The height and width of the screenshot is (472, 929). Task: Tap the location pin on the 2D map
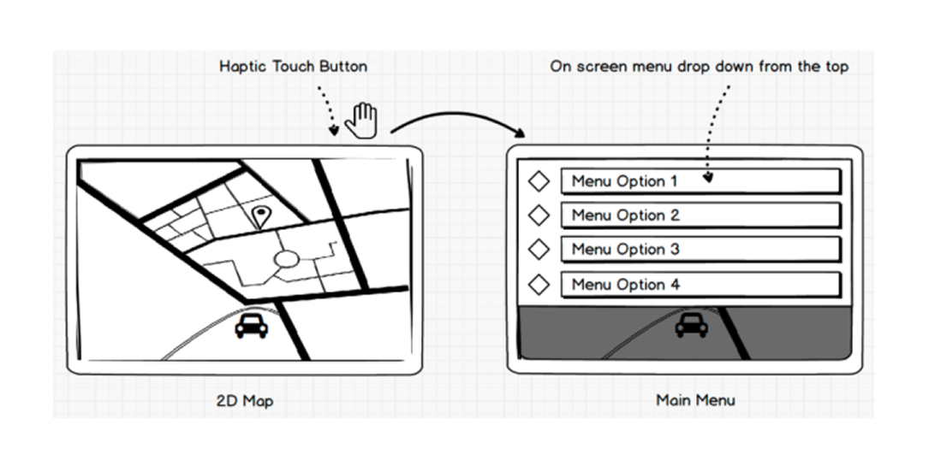[x=261, y=215]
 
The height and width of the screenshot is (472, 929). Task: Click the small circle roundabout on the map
[x=286, y=259]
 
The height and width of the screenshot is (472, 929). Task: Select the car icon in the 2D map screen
[x=251, y=325]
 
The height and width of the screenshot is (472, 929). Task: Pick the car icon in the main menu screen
[x=691, y=325]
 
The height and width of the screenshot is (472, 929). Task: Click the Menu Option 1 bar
[x=700, y=181]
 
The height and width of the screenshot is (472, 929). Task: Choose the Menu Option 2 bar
[x=700, y=215]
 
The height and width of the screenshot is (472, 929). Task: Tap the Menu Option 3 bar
[x=700, y=250]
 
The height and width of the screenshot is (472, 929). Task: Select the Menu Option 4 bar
[x=700, y=284]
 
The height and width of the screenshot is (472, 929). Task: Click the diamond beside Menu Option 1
[x=539, y=181]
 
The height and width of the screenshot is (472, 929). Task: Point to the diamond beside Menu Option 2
[x=539, y=215]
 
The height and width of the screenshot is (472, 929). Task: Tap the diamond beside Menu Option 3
[x=539, y=249]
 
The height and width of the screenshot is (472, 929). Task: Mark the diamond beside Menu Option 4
[x=539, y=283]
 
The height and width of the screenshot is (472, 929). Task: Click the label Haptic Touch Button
[x=293, y=66]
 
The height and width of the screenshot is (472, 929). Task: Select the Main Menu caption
[x=694, y=399]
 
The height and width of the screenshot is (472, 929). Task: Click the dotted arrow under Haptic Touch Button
[x=326, y=109]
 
